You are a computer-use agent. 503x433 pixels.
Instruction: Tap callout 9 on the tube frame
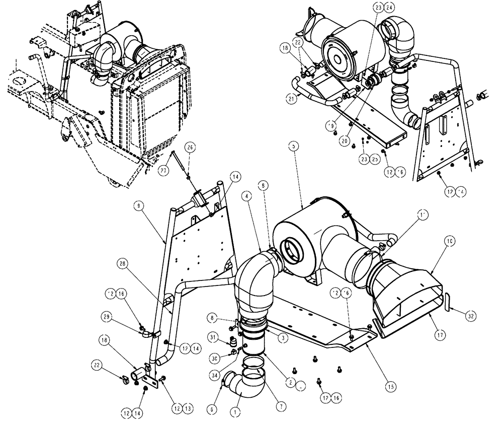(138, 205)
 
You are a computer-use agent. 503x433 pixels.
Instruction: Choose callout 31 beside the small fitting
(212, 338)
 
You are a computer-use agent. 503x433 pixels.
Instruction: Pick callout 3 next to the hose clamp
(284, 339)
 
